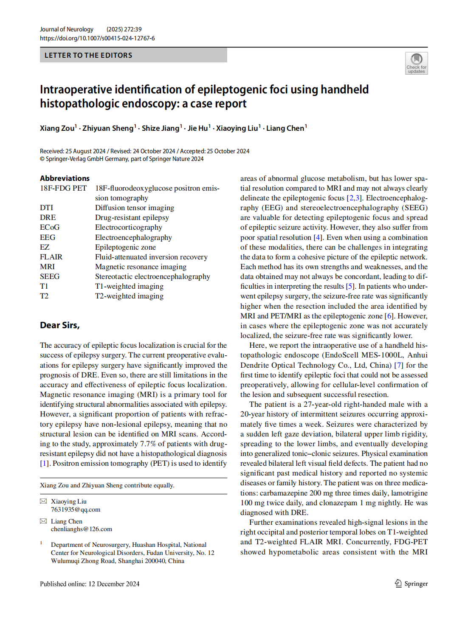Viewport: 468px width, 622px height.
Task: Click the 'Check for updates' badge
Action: (x=416, y=63)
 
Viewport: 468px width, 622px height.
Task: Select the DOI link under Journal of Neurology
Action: (x=97, y=38)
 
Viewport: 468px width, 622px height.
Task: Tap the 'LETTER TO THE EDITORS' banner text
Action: (x=88, y=55)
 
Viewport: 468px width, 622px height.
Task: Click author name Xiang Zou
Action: (x=57, y=128)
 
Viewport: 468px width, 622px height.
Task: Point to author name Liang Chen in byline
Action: (x=285, y=128)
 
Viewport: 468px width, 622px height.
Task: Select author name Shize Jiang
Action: (x=160, y=128)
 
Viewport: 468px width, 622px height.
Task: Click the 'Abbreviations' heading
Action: (x=65, y=178)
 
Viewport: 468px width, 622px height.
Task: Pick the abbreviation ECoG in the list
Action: (x=50, y=227)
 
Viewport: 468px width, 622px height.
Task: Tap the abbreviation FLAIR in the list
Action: (x=51, y=257)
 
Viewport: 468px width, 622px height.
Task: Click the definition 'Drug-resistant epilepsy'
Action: (x=132, y=217)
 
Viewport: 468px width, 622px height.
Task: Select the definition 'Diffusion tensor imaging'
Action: (x=134, y=208)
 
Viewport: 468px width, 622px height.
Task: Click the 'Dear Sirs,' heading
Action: (x=59, y=325)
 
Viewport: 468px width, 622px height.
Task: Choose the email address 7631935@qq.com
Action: (x=76, y=509)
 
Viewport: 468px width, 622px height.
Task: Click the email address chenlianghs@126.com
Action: (x=82, y=529)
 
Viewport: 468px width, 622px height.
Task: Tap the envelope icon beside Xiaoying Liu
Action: (x=43, y=501)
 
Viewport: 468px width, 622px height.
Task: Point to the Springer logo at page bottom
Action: (x=411, y=583)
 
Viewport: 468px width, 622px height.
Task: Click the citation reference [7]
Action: (x=398, y=365)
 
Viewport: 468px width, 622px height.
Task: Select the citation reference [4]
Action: (x=318, y=237)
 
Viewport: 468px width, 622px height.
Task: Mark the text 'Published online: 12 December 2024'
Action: (x=90, y=584)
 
